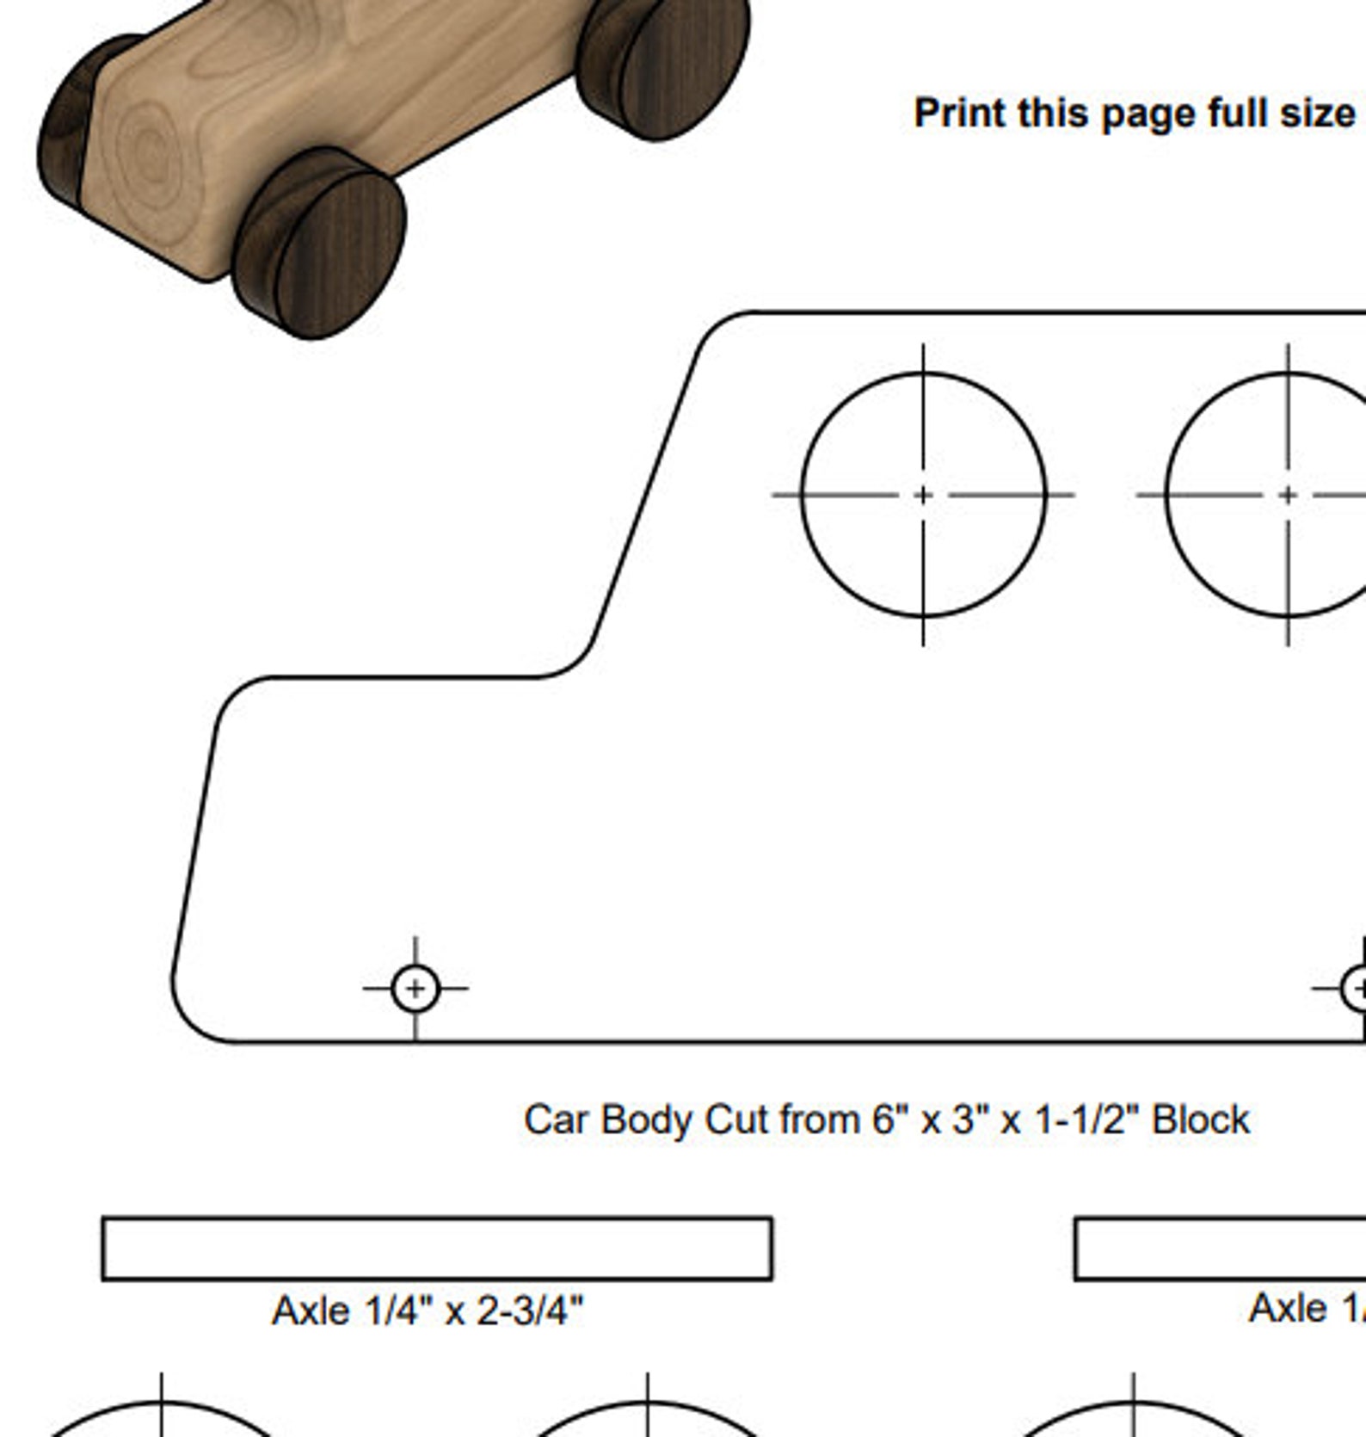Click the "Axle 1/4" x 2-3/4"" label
[428, 1311]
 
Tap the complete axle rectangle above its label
[437, 1249]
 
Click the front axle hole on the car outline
[415, 989]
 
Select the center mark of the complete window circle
[923, 495]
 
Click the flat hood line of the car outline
[404, 677]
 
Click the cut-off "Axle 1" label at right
[1306, 1309]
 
